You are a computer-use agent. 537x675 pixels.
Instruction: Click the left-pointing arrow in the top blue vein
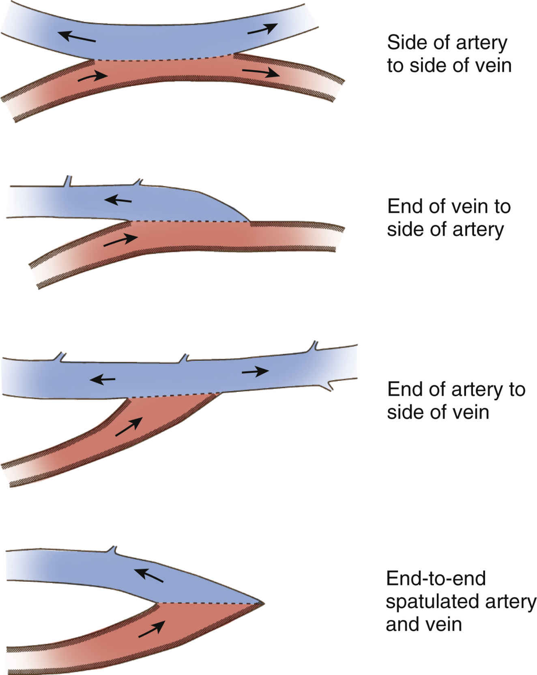(77, 37)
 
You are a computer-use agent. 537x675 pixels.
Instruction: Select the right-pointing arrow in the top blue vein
(262, 29)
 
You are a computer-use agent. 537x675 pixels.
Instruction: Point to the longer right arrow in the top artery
(260, 73)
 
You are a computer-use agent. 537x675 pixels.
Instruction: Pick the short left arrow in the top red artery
(93, 76)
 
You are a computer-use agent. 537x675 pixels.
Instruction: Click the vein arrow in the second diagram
(118, 200)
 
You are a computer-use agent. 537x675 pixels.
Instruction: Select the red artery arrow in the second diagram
(120, 240)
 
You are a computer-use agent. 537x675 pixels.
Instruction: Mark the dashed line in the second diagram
(190, 221)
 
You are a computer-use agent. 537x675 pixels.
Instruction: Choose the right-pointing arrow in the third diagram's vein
(255, 371)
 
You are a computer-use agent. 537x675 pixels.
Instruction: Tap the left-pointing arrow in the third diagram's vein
(102, 379)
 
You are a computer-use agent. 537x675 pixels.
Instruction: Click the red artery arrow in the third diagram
(129, 427)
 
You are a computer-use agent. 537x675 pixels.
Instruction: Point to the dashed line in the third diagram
(170, 396)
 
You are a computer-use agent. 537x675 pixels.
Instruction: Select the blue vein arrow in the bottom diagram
(149, 576)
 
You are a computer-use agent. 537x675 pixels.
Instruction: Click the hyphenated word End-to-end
(436, 578)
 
